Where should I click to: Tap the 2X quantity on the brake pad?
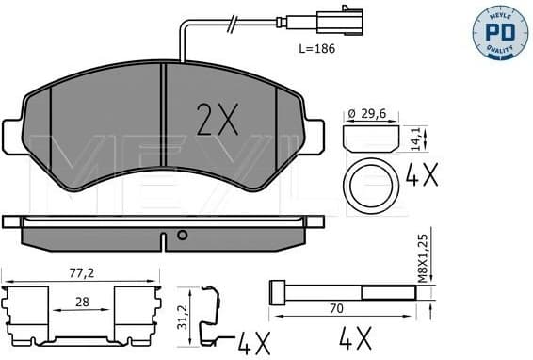218,119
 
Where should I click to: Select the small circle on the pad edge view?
183,236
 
